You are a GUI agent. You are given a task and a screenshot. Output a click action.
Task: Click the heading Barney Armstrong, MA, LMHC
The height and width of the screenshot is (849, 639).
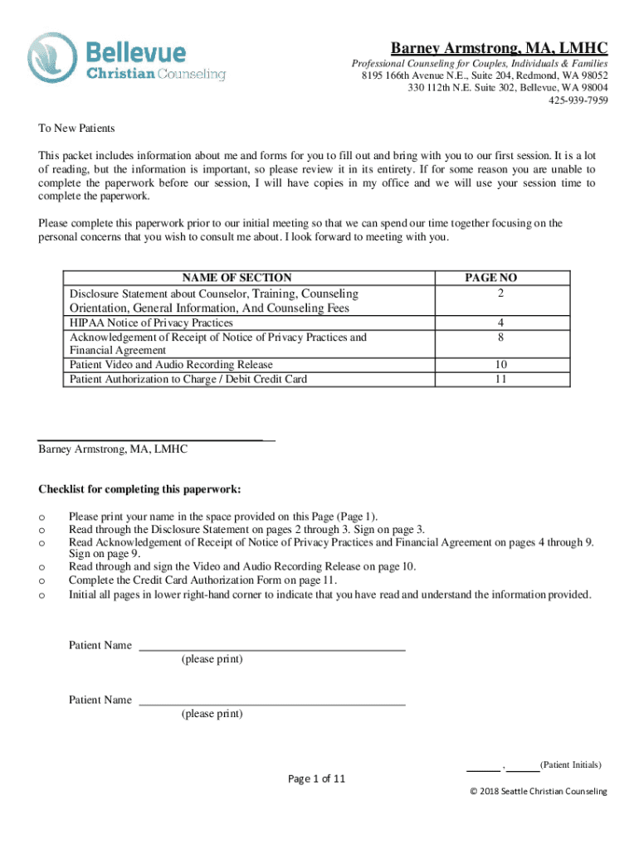coord(500,47)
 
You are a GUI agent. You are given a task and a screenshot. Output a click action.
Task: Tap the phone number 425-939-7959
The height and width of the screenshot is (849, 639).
coord(578,101)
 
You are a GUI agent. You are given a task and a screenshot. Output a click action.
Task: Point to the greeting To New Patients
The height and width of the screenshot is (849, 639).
coord(76,129)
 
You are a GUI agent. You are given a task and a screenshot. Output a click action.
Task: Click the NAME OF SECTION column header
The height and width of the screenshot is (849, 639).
coord(237,278)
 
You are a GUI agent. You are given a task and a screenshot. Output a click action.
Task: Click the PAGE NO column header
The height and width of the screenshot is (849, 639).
coord(497,278)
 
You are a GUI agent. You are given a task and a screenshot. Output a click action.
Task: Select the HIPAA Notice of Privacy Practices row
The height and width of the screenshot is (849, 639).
coord(151,323)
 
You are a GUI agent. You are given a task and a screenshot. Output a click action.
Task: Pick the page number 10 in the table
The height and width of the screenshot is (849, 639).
coord(498,365)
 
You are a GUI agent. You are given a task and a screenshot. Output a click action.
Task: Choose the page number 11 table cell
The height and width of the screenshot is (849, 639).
coord(498,379)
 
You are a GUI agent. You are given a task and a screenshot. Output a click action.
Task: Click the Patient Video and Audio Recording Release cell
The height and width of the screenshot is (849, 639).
coord(171,365)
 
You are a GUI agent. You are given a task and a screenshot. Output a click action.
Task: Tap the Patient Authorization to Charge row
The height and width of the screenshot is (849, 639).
coord(188,379)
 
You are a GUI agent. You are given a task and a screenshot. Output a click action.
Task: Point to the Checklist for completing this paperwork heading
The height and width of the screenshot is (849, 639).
coord(139,489)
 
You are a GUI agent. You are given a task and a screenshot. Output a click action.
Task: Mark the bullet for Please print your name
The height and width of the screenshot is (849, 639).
coord(41,516)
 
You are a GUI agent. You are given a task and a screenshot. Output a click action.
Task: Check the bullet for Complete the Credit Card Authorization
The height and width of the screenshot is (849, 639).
coord(41,580)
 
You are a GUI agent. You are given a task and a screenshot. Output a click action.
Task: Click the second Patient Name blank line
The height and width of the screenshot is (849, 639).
coord(272,704)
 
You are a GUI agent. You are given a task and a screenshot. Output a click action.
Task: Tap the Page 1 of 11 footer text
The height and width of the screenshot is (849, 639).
coord(316,779)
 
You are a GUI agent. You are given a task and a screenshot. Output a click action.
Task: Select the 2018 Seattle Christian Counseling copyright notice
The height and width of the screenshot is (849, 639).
coord(538,792)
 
